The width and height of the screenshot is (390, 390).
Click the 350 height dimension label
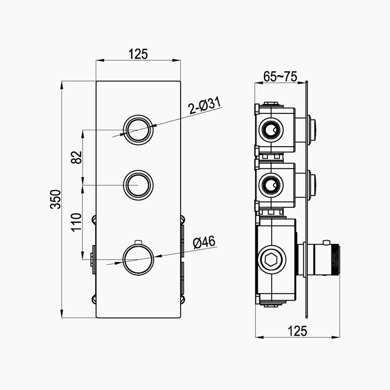(55, 199)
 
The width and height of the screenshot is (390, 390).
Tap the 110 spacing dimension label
(77, 222)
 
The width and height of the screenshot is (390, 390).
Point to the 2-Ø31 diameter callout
(205, 106)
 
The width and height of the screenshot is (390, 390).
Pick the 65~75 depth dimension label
(280, 77)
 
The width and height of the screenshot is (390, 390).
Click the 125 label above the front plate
(138, 54)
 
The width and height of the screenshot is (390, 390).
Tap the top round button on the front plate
(138, 129)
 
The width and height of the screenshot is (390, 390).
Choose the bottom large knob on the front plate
(138, 259)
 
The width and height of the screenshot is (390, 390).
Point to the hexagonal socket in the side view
(271, 259)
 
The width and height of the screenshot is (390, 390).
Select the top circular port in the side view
(270, 130)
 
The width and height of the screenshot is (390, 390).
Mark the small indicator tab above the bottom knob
(138, 241)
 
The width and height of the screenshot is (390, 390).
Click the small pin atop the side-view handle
(326, 242)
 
